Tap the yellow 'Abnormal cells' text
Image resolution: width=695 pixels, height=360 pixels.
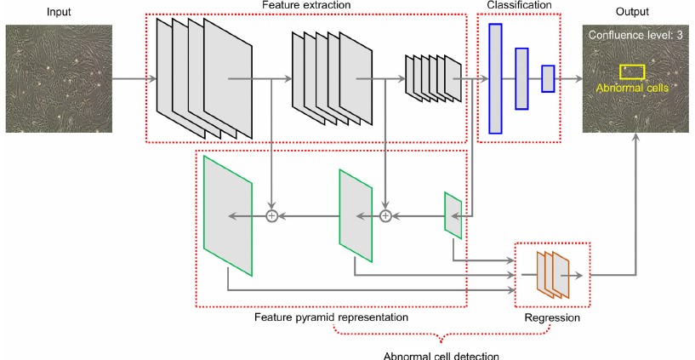631,88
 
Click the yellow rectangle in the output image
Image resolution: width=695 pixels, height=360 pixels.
632,72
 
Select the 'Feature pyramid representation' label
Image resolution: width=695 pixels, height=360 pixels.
331,317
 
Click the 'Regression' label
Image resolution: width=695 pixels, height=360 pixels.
551,317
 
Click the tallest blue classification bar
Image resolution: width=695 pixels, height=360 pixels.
495,78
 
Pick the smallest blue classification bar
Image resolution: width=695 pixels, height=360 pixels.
548,78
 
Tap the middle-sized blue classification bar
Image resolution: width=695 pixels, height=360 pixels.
522,78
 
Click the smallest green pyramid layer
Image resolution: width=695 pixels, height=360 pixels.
453,215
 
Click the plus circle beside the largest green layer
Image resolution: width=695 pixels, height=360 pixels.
272,216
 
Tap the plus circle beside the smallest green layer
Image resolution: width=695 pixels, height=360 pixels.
385,216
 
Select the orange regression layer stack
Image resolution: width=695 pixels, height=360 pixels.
553,275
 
